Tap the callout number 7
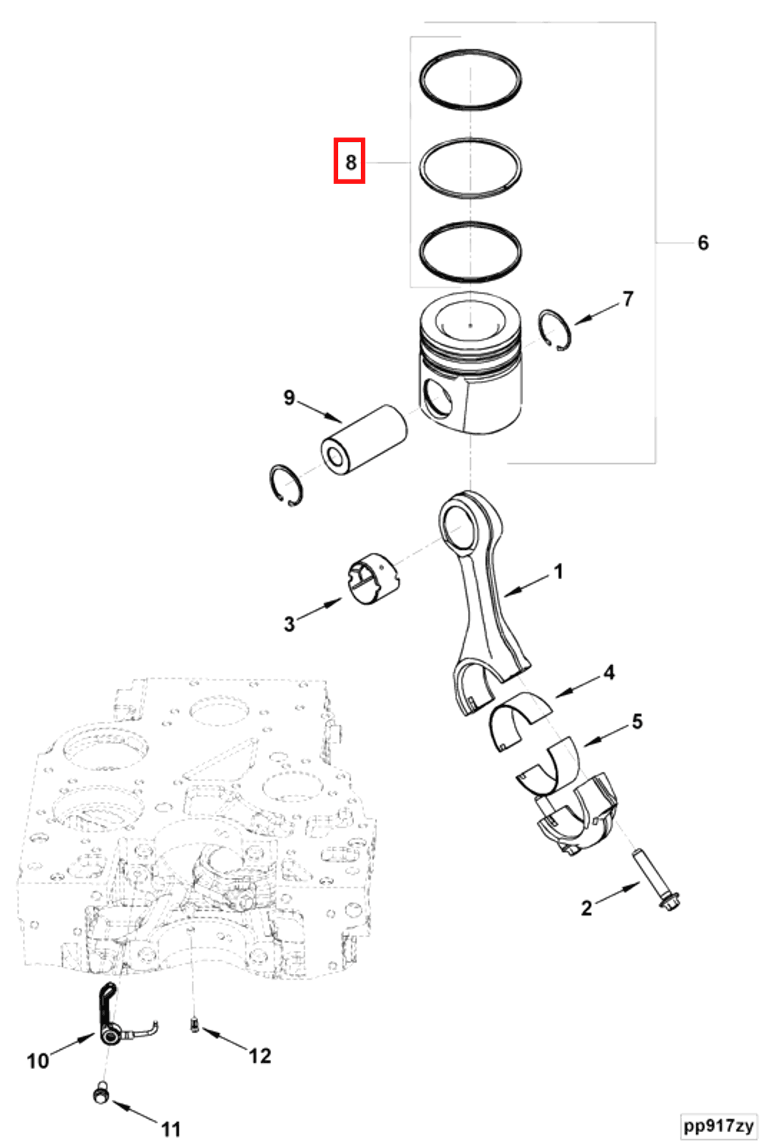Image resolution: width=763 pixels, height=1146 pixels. pyautogui.click(x=628, y=299)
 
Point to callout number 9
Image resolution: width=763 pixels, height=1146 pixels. pyautogui.click(x=289, y=398)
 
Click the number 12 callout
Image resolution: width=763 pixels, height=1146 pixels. pyautogui.click(x=259, y=1056)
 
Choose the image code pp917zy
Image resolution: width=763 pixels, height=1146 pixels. pyautogui.click(x=718, y=1125)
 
